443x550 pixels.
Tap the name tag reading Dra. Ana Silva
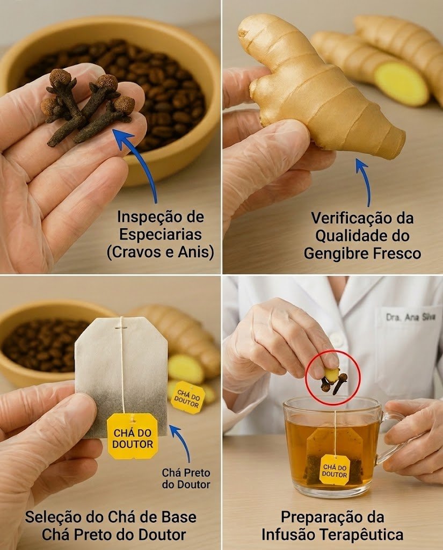(410, 317)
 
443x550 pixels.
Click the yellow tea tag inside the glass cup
(335, 469)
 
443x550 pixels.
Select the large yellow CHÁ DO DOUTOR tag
(132, 436)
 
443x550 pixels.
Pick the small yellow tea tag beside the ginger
(187, 397)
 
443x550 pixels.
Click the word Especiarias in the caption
(161, 234)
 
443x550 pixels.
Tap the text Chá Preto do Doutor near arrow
(186, 479)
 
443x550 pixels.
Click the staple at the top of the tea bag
(121, 328)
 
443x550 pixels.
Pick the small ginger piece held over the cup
(331, 374)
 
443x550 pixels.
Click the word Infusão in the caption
(288, 535)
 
